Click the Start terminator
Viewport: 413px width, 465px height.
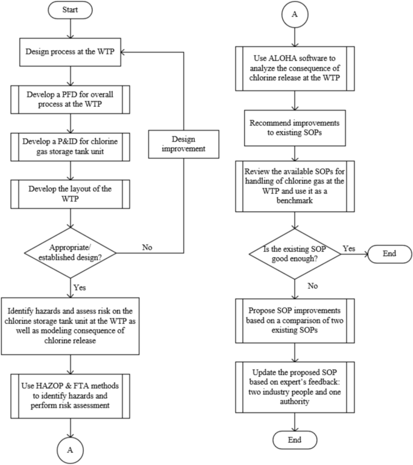(x=71, y=10)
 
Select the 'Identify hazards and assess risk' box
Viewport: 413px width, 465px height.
(x=71, y=326)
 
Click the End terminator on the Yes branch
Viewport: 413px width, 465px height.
(x=389, y=252)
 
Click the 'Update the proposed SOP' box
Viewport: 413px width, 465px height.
(x=294, y=379)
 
